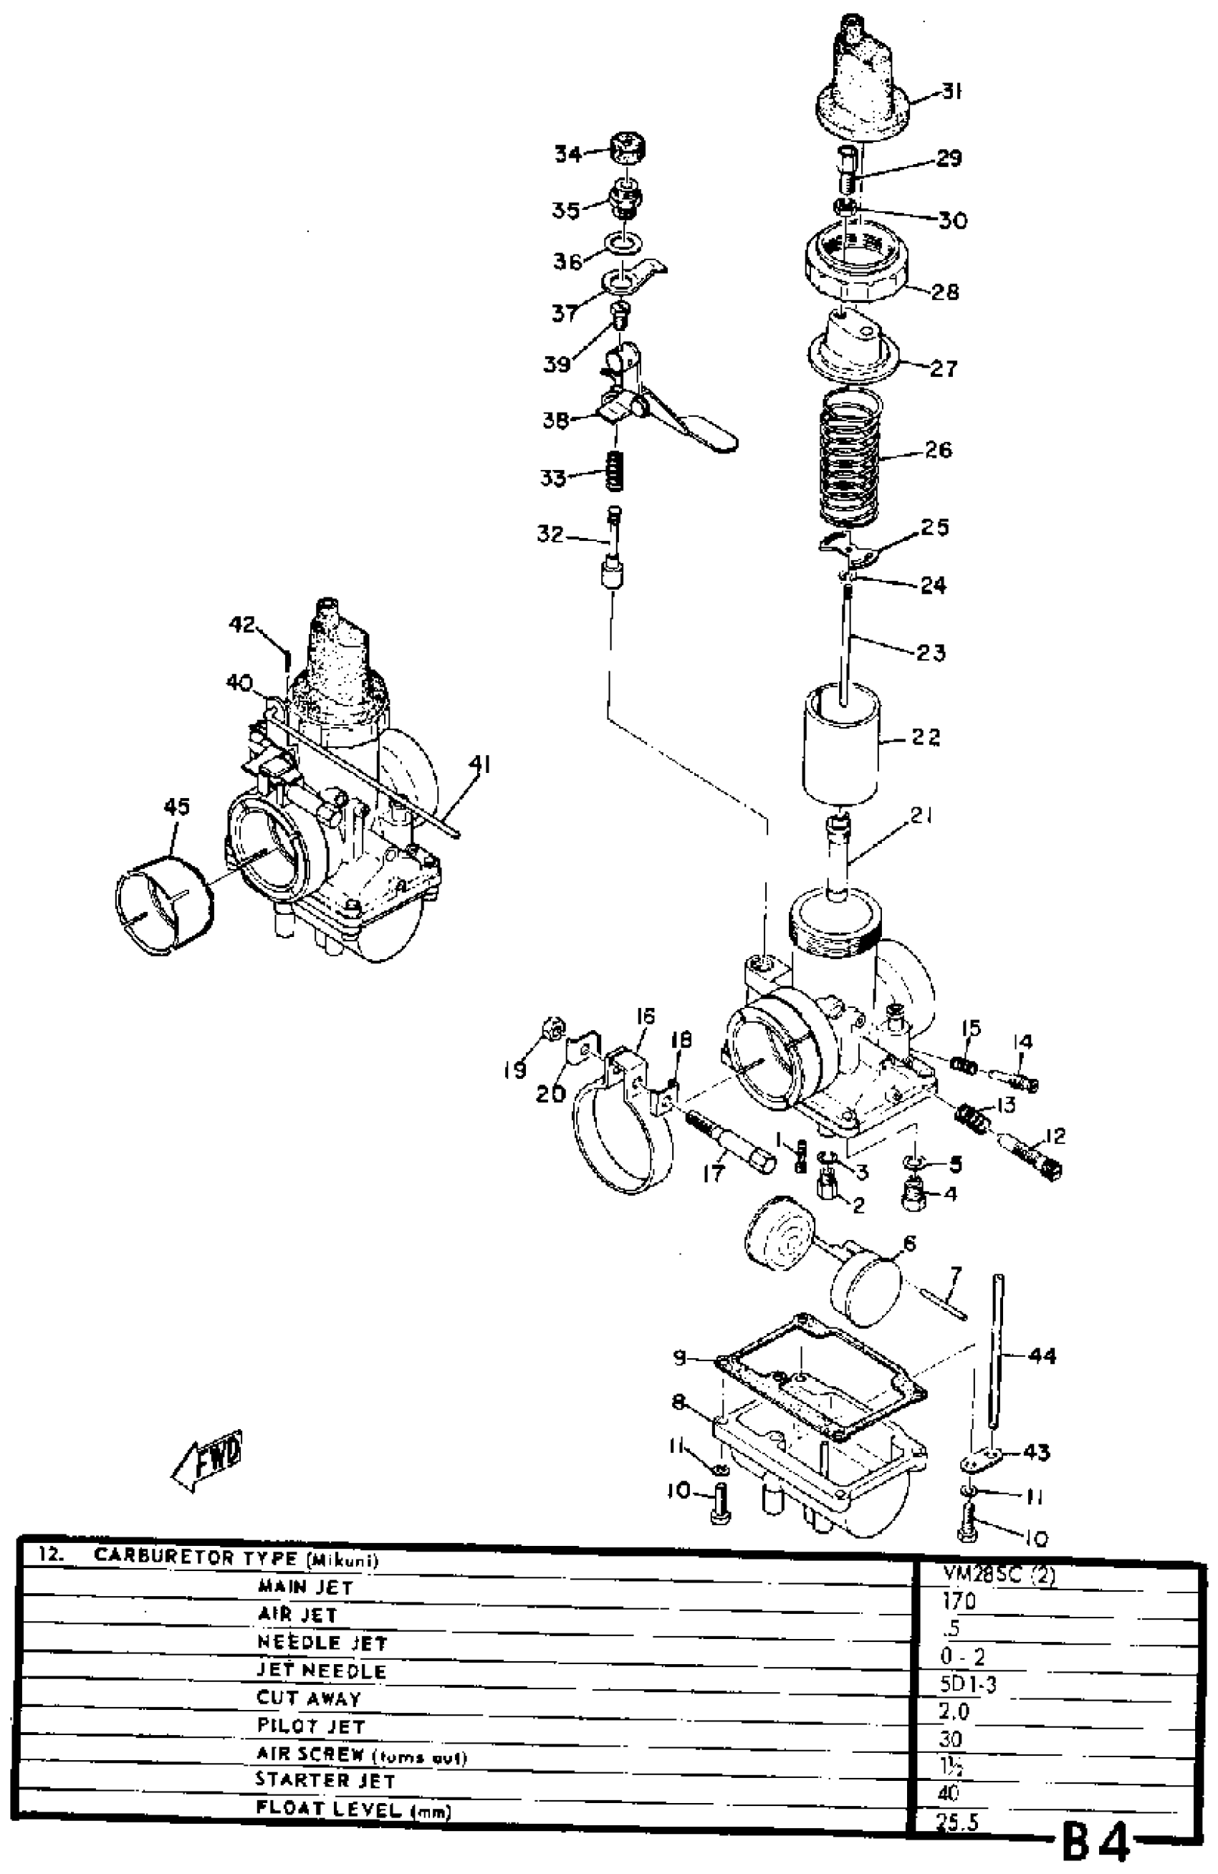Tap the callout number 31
[x=952, y=92]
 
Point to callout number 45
[x=176, y=807]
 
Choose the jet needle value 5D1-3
[x=968, y=1684]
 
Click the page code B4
[x=1097, y=1842]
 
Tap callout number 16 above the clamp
[x=645, y=1017]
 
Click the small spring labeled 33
[x=615, y=471]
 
